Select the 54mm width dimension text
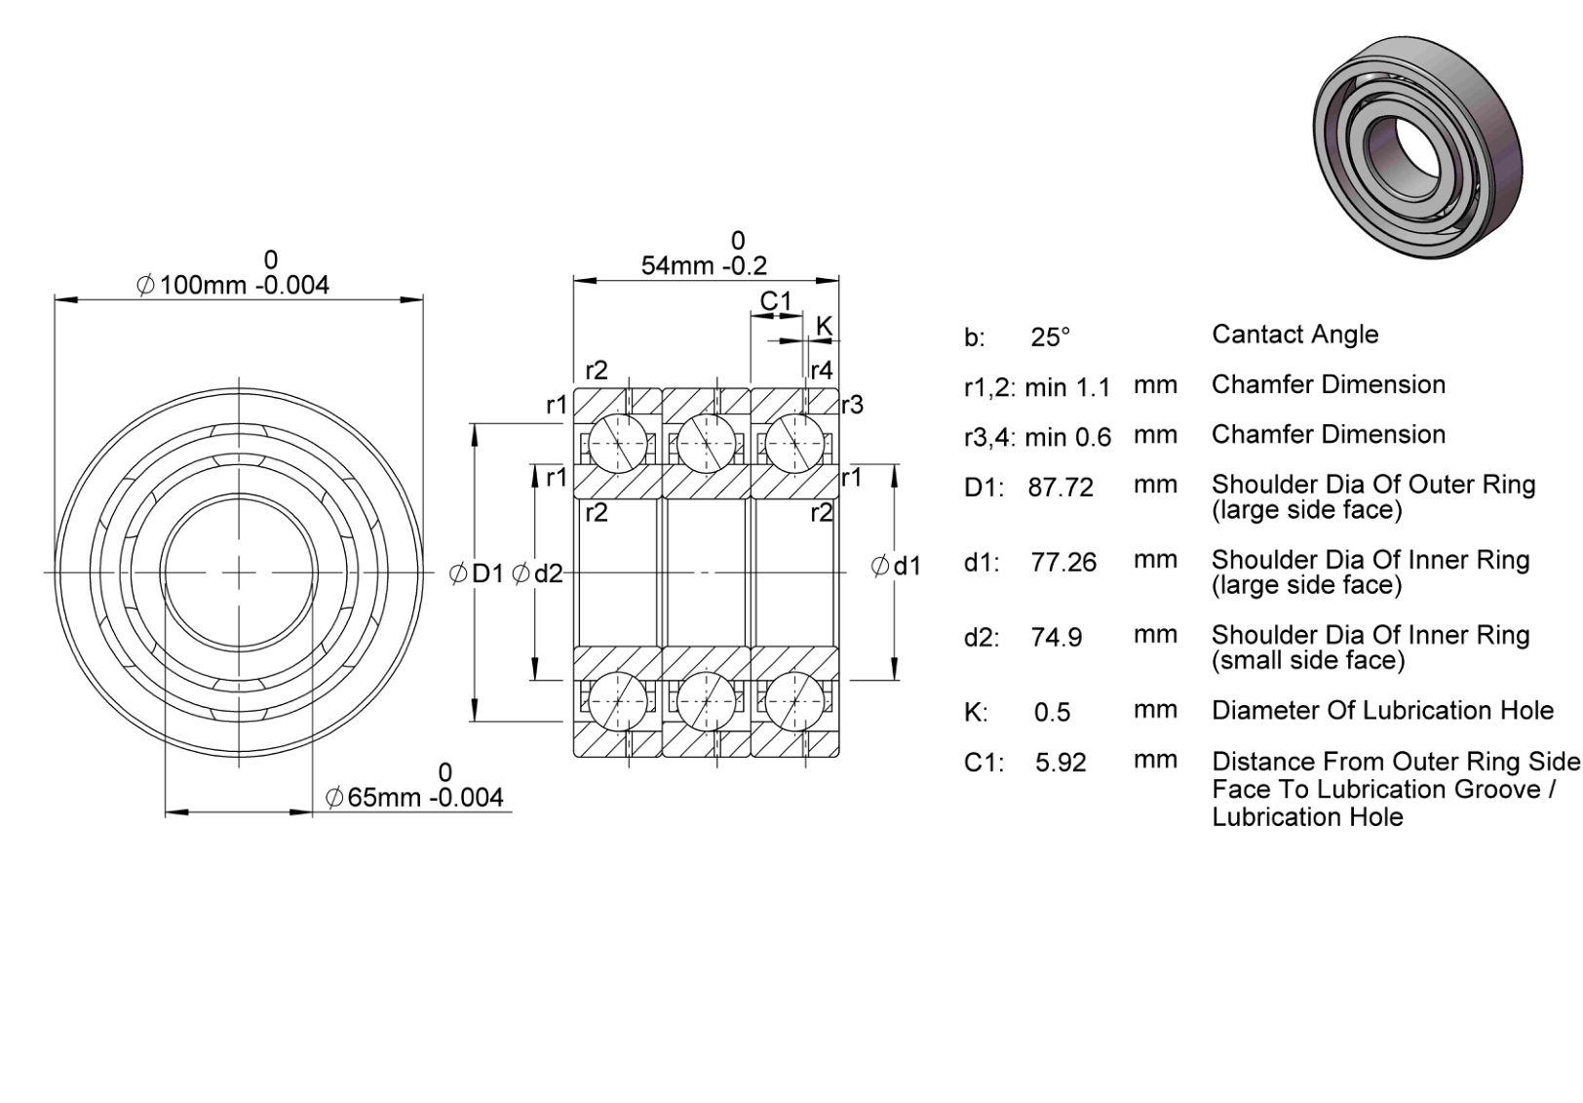click(x=704, y=266)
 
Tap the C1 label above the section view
click(x=776, y=301)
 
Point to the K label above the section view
click(x=824, y=326)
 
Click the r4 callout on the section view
click(x=822, y=370)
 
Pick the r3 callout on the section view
click(x=852, y=405)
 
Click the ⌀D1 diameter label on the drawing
click(x=477, y=573)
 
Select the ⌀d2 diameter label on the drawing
click(x=537, y=573)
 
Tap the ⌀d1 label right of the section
click(x=896, y=566)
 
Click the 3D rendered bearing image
click(x=1417, y=147)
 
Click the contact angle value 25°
click(x=1050, y=337)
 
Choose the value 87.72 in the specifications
click(x=1061, y=488)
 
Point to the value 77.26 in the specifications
click(x=1063, y=563)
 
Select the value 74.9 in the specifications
click(x=1057, y=638)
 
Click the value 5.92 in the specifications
click(x=1061, y=763)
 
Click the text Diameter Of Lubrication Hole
click(x=1383, y=710)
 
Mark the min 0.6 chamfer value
click(x=1067, y=438)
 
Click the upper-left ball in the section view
click(x=618, y=444)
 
